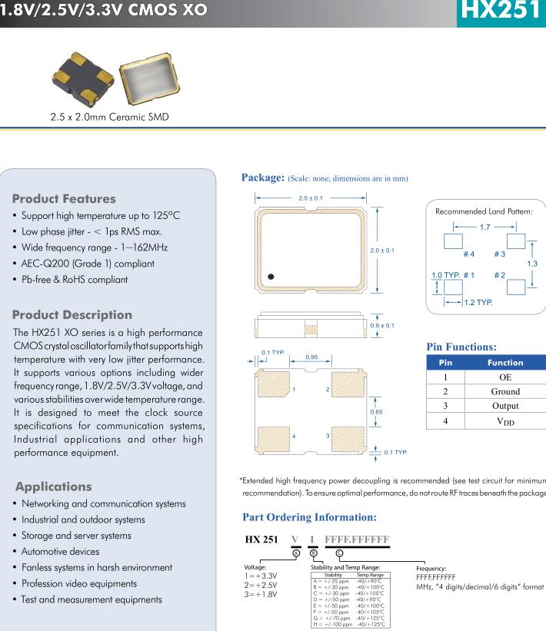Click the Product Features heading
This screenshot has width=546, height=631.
64,199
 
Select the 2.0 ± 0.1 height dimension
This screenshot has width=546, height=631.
382,251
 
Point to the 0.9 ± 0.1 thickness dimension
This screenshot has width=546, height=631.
382,325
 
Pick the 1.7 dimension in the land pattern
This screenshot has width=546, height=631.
484,227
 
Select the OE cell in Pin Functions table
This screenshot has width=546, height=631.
504,377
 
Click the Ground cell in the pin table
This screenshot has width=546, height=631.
504,391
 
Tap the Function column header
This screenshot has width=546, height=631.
504,363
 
